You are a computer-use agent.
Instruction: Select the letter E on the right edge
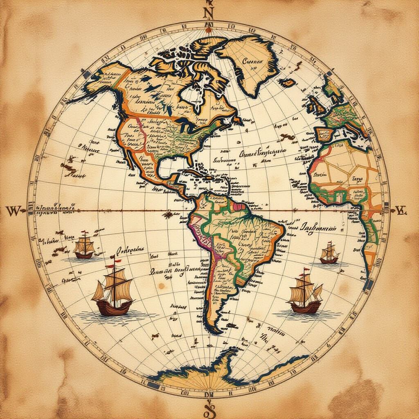click(x=400, y=211)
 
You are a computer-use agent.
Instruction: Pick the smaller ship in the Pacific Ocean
click(x=84, y=247)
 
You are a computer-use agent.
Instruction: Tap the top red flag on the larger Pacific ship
click(x=117, y=259)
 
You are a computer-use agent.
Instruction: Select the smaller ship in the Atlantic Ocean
click(x=329, y=254)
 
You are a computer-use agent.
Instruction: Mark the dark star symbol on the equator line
click(x=167, y=214)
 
